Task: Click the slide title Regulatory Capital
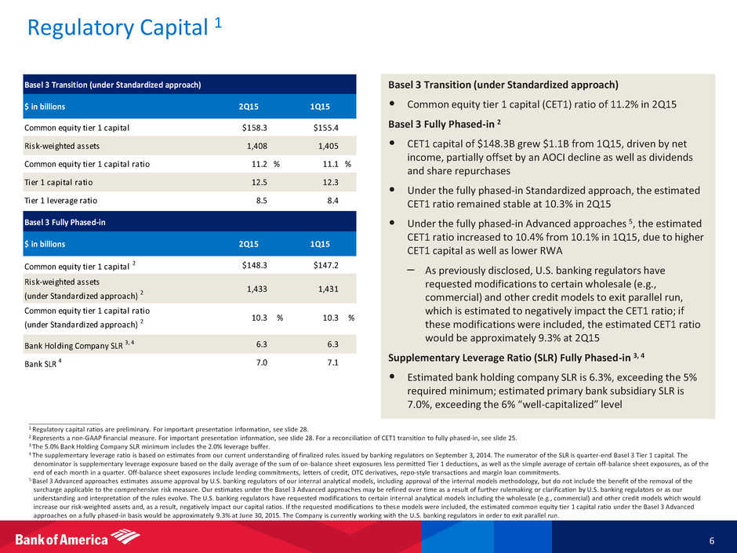(118, 27)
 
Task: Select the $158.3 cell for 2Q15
(254, 127)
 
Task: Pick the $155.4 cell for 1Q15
(325, 127)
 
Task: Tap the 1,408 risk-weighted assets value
(256, 146)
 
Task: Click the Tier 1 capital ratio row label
(58, 183)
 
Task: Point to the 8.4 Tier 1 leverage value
(332, 200)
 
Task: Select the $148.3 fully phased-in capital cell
(254, 265)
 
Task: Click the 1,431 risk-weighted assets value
(328, 289)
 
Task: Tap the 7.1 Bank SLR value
(332, 362)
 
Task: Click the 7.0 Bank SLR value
(261, 362)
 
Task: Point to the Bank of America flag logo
(125, 537)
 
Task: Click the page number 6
(712, 540)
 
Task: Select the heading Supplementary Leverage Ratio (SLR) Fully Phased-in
(516, 358)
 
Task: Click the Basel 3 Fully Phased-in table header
(65, 222)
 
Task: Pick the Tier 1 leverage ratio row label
(60, 201)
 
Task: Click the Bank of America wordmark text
(62, 539)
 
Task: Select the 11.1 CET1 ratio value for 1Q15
(330, 164)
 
